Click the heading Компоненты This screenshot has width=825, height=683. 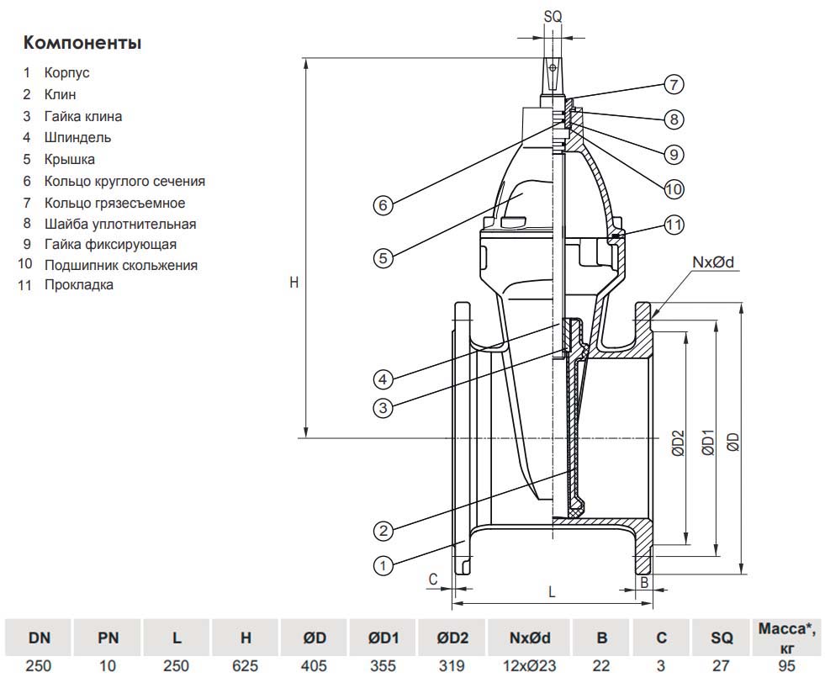82,42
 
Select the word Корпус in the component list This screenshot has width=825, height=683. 66,73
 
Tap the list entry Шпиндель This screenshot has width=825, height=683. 77,137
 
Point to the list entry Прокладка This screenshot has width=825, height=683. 78,285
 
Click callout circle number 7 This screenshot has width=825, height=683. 673,84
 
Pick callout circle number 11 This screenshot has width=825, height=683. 674,225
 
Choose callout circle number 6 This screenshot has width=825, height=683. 383,205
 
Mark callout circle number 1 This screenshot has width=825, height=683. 383,565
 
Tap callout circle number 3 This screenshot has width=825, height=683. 383,408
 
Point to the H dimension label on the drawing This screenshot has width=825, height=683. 294,283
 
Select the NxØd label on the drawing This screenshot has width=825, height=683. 713,262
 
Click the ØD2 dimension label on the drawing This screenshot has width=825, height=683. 679,444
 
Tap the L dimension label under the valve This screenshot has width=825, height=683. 552,591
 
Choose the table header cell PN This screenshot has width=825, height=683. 108,638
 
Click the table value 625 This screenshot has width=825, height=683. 246,665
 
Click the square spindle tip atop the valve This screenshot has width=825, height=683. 553,75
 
